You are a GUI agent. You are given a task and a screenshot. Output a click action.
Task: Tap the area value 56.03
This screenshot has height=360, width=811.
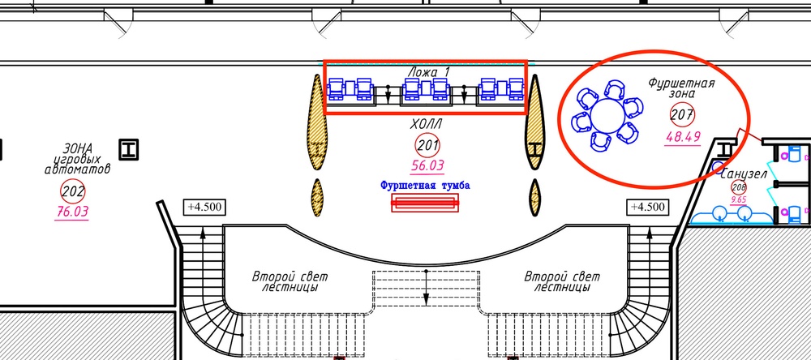click(428, 166)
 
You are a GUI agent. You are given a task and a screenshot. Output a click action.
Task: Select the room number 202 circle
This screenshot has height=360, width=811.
click(73, 192)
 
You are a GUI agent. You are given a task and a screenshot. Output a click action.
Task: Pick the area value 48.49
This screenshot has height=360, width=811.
click(682, 138)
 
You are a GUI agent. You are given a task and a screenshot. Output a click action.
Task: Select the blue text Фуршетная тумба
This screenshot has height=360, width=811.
click(425, 186)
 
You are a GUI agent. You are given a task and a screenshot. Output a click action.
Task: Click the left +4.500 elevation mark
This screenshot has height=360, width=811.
click(204, 206)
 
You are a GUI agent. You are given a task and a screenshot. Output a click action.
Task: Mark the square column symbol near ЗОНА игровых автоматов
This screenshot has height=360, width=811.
click(128, 148)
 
